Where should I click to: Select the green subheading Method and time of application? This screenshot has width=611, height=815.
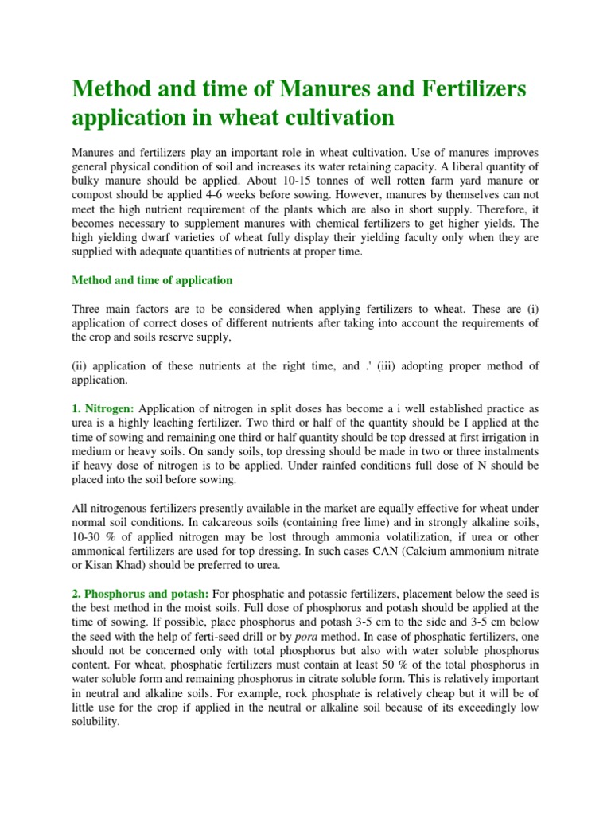(x=152, y=280)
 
